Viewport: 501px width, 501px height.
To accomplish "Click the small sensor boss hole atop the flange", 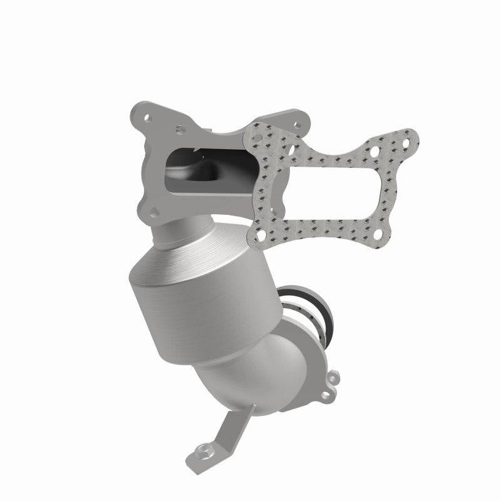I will point(180,131).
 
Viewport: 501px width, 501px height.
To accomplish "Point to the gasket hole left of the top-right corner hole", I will point(374,152).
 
